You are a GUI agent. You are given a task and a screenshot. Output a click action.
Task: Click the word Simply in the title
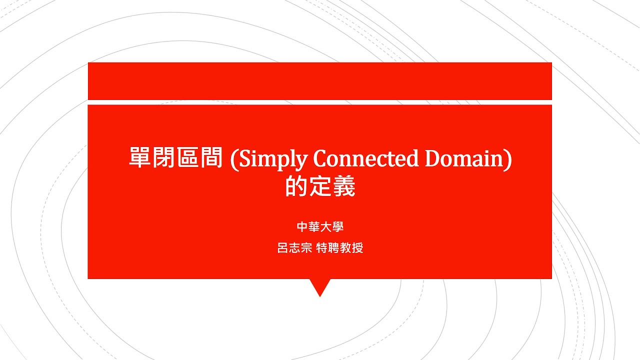[270, 159]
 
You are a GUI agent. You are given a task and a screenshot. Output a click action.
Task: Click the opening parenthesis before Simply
[233, 159]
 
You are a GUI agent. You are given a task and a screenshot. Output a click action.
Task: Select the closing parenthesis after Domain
[508, 159]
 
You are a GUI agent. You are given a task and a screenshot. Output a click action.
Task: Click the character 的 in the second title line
[296, 187]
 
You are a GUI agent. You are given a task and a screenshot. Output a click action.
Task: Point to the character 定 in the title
[320, 187]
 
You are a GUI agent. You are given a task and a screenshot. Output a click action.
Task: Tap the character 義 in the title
[344, 187]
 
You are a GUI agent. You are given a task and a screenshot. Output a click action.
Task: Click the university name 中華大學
[320, 227]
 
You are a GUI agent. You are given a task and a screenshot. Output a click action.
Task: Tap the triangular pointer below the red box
[320, 287]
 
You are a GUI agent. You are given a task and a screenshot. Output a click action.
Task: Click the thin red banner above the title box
[320, 81]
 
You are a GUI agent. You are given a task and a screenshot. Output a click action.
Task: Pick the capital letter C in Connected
[320, 159]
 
